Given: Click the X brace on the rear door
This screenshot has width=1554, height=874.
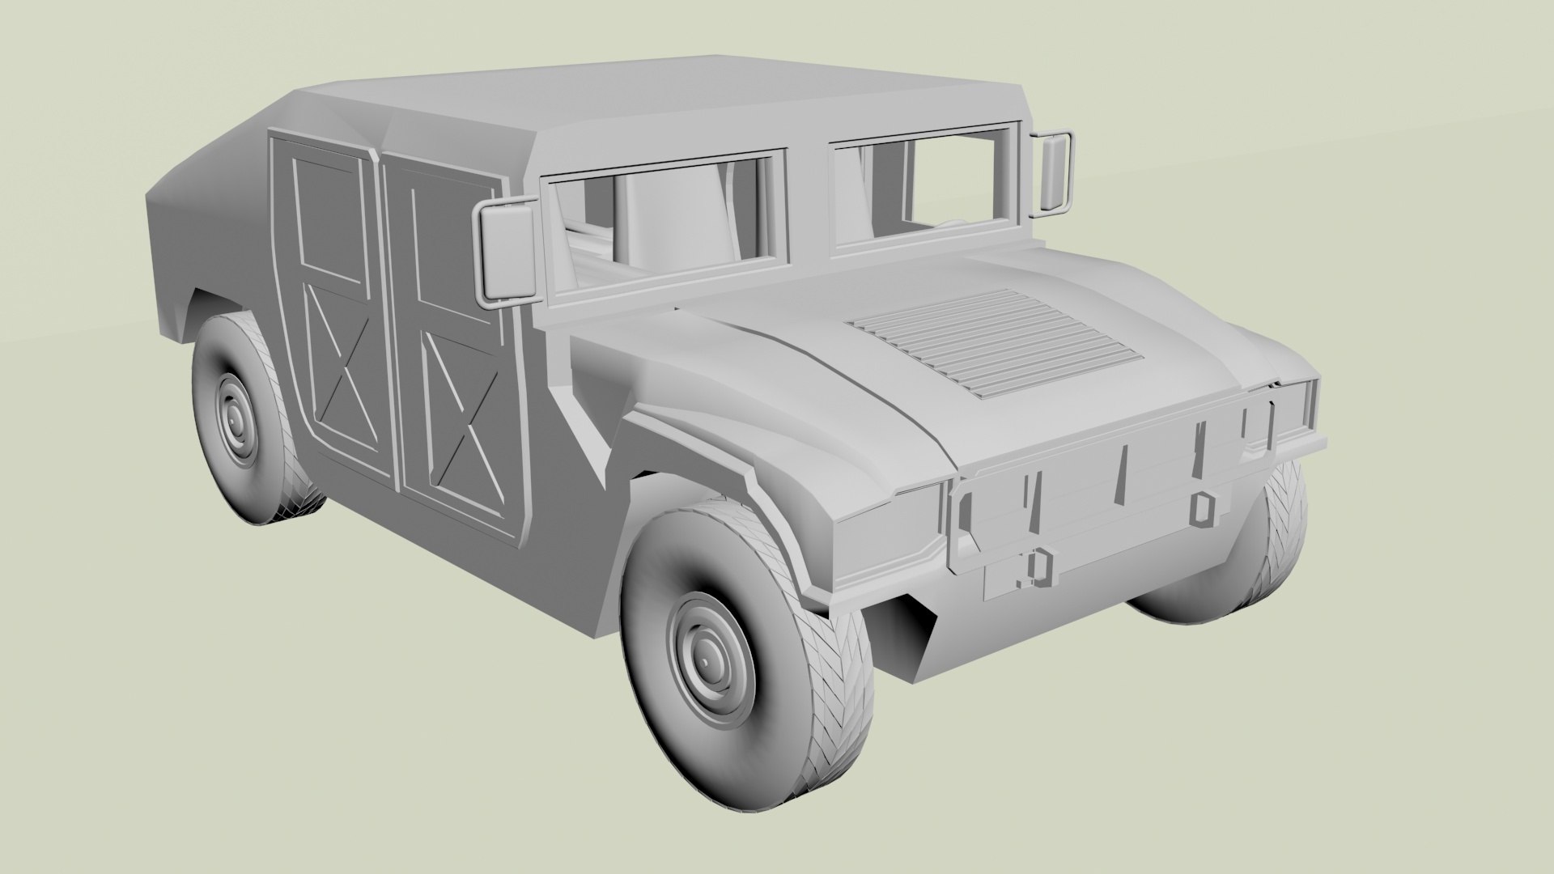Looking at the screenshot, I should tap(341, 380).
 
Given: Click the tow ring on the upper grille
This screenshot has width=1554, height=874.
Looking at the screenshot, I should tap(1204, 508).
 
